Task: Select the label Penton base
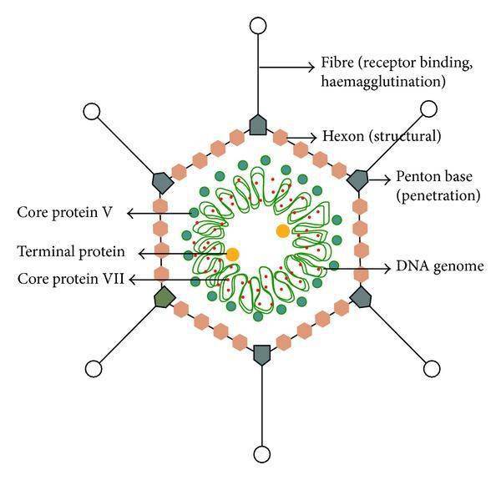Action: tap(429, 179)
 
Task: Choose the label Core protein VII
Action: tap(70, 279)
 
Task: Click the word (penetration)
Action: tap(439, 196)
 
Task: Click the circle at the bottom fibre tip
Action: tap(262, 455)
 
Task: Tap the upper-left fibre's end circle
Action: tap(92, 111)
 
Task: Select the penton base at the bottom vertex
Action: tap(262, 353)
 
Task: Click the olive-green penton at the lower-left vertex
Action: tap(162, 296)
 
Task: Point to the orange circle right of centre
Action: tap(283, 229)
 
